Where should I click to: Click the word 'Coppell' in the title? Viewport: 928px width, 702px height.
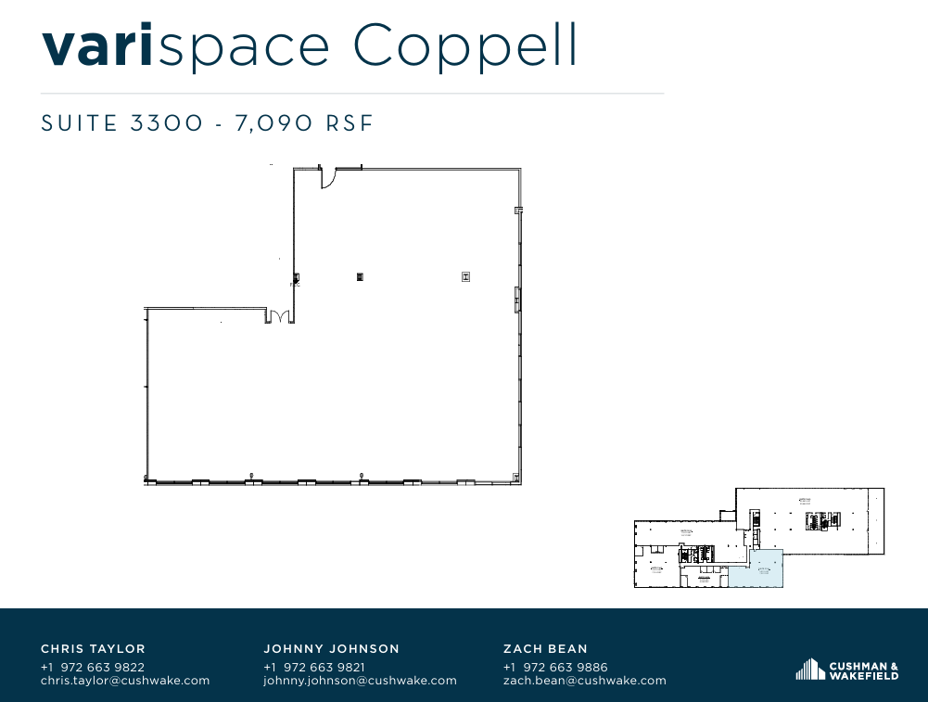[467, 46]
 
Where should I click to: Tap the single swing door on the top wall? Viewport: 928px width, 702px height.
[327, 177]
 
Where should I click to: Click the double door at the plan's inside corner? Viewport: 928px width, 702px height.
[278, 316]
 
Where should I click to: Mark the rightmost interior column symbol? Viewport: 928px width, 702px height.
[465, 276]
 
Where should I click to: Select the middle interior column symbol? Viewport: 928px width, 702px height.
[360, 276]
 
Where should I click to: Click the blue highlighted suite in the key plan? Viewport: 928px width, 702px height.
[756, 568]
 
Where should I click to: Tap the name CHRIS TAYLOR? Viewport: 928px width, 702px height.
[93, 649]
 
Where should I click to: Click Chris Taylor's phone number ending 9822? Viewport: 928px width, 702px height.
[93, 667]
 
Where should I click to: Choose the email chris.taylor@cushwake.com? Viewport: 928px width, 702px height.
[125, 681]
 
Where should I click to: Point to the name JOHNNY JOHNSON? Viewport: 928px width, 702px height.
[332, 649]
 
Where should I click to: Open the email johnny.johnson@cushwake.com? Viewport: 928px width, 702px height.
[360, 681]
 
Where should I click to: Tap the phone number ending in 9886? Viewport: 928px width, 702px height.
[555, 667]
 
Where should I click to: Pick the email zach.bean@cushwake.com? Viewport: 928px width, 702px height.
[584, 681]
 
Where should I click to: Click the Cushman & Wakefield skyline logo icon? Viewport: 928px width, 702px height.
[809, 670]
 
